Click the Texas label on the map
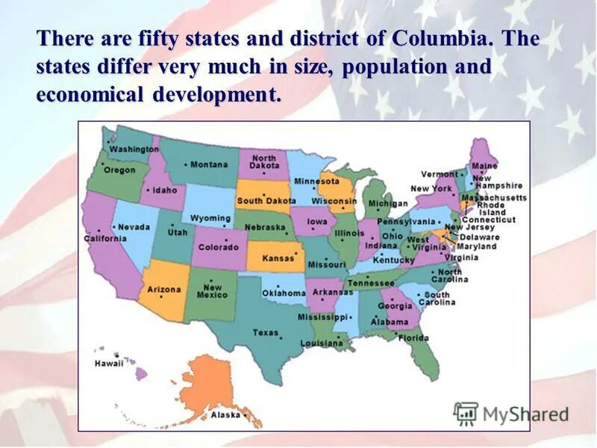(x=265, y=332)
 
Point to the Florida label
(x=413, y=337)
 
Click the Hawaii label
(x=108, y=364)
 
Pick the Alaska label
(x=225, y=414)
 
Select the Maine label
(x=484, y=166)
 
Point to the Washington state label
(x=134, y=149)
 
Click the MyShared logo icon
(x=466, y=414)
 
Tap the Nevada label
(x=134, y=227)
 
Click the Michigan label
(x=388, y=203)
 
